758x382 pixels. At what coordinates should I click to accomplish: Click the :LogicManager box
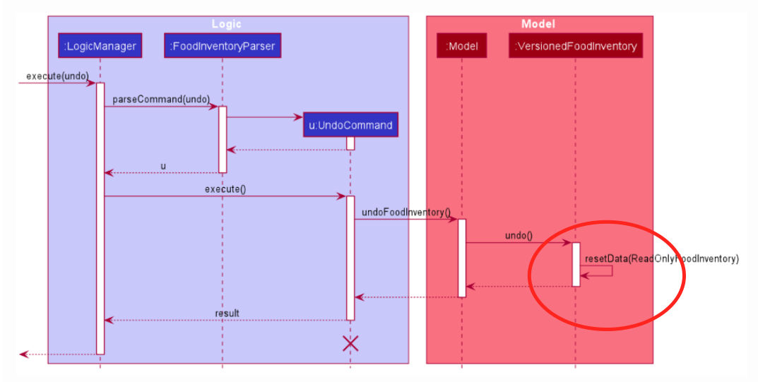pos(100,47)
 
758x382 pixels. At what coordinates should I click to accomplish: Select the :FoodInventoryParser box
pos(223,47)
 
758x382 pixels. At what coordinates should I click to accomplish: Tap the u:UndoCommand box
pos(350,125)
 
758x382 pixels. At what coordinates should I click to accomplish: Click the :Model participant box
pos(462,47)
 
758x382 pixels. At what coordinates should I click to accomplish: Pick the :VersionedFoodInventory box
pos(575,47)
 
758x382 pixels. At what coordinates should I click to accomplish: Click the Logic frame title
pos(226,24)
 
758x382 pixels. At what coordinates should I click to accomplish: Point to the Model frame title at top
pos(538,24)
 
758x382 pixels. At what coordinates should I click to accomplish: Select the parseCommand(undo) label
pos(161,100)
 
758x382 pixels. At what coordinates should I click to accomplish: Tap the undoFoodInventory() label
pos(406,212)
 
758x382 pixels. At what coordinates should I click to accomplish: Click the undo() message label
pos(519,235)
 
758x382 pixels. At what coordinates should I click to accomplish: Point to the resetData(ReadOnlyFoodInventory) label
pos(661,258)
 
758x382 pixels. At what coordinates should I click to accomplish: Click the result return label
pos(227,313)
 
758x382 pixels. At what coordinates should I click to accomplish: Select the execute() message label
pos(225,189)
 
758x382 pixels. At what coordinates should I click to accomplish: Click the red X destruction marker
pos(350,344)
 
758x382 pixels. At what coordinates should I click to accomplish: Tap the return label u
pos(163,166)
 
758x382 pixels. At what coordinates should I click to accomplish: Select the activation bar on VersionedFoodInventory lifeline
pos(576,265)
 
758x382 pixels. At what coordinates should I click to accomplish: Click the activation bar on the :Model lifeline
pos(462,258)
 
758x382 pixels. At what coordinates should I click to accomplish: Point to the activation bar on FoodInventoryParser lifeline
pos(223,139)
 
